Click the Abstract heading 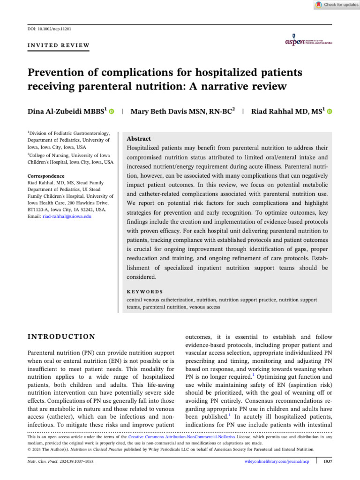[x=139, y=139]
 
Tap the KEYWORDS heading [x=145, y=291]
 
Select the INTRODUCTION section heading [x=61, y=337]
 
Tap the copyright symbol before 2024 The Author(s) [x=29, y=449]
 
